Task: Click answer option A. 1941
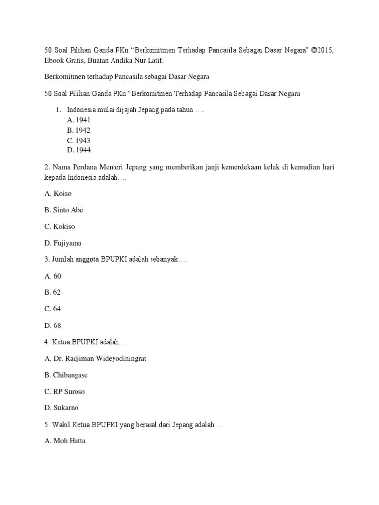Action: (x=78, y=120)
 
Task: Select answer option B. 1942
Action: (x=78, y=130)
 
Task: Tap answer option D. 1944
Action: (x=78, y=150)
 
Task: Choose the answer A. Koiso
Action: (x=58, y=193)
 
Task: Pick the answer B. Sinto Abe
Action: (x=64, y=210)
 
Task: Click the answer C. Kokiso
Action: (x=60, y=226)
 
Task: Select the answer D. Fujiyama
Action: (x=63, y=243)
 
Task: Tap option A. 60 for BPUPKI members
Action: (x=53, y=276)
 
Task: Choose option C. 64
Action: (x=53, y=309)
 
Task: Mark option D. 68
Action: (x=53, y=325)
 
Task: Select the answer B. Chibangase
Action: (x=66, y=375)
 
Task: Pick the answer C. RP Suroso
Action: (x=65, y=392)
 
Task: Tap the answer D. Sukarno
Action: (x=62, y=408)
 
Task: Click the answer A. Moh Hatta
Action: (x=65, y=441)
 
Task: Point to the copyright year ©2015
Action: (x=324, y=51)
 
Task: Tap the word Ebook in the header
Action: (x=54, y=60)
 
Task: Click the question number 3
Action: (x=46, y=259)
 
